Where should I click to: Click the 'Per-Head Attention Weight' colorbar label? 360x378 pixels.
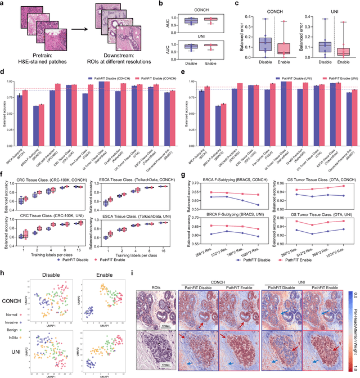click(x=355, y=320)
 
